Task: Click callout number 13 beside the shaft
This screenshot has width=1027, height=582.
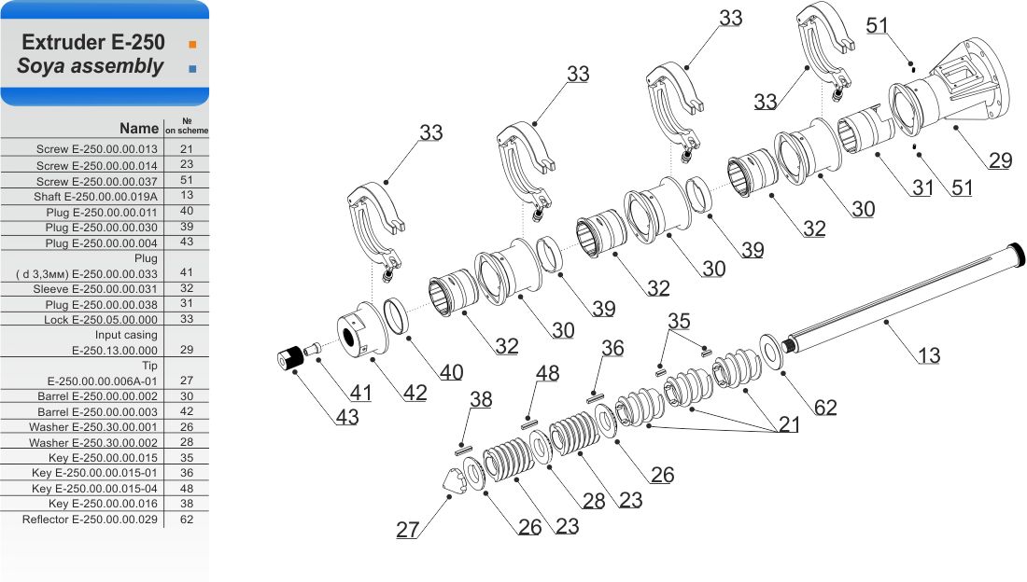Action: pos(929,355)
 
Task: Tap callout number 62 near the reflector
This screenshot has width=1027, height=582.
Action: pos(825,408)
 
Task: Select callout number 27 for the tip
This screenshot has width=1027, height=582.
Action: pos(407,529)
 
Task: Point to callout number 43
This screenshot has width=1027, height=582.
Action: pos(347,417)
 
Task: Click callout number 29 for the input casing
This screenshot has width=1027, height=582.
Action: pos(1001,160)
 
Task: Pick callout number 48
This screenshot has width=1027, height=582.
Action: pos(547,373)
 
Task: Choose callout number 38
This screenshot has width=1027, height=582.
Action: pos(481,399)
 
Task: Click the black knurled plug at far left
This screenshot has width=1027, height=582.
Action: pos(290,357)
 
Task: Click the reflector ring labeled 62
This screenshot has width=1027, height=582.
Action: pos(771,352)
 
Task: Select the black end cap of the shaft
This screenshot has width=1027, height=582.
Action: pos(1016,256)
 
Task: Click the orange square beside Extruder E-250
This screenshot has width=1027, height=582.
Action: pos(192,45)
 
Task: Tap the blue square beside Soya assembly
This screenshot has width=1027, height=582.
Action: pos(192,69)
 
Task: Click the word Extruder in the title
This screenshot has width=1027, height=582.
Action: pos(63,43)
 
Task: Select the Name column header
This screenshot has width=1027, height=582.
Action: pos(139,129)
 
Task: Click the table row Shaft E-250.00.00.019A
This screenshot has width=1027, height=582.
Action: pos(105,197)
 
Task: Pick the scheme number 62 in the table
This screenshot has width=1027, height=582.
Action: pos(187,520)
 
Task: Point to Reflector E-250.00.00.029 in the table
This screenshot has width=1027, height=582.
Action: pos(90,520)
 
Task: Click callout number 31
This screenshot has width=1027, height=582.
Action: pos(922,187)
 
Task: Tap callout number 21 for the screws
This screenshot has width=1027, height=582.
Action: pos(789,425)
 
